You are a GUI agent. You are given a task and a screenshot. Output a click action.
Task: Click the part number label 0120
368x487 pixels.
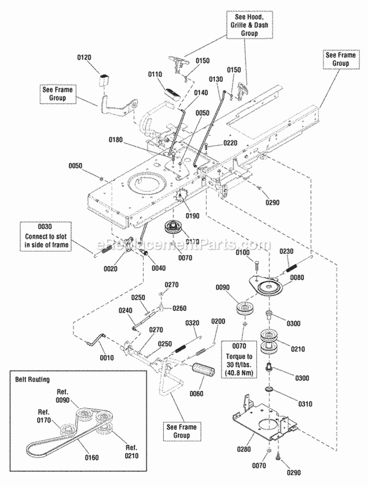point(84,57)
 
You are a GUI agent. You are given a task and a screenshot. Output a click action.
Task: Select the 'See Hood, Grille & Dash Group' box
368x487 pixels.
point(249,25)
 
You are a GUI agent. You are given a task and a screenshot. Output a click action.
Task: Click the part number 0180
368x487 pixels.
point(115,140)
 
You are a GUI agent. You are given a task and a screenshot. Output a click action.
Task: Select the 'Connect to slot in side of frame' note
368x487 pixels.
point(45,236)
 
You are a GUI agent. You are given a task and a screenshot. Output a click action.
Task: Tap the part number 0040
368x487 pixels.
point(158,268)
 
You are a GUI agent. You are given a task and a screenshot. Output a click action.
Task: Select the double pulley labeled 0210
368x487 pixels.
point(268,342)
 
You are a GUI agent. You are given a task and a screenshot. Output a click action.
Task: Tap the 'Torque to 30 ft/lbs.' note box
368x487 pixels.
point(239,359)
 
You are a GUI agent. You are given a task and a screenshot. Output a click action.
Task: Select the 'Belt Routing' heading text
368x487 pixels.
point(33,379)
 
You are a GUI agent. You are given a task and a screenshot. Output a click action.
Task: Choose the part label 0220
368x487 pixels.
point(230,143)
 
